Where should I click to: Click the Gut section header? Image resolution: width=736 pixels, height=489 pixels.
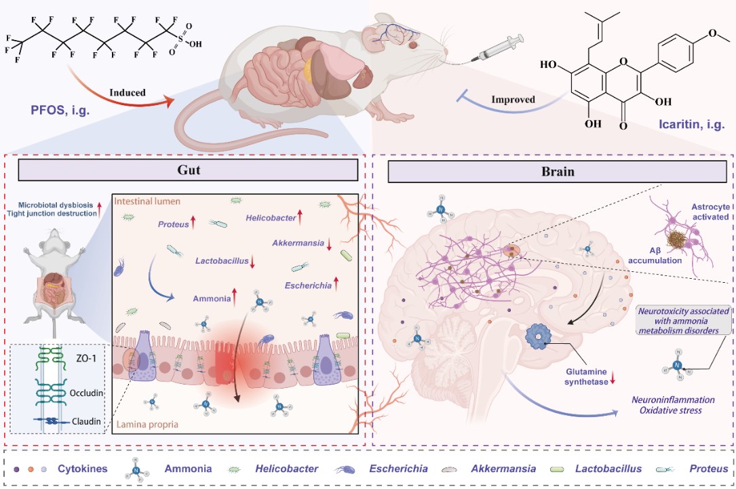[185, 172]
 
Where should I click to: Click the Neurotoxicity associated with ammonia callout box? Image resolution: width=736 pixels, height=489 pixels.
[681, 320]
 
